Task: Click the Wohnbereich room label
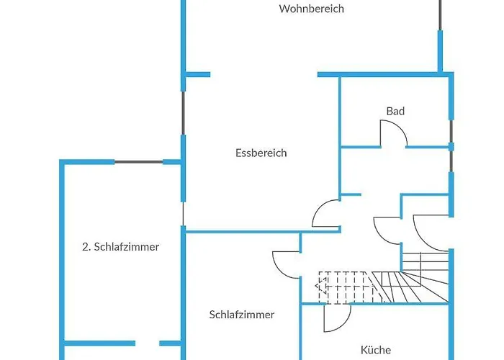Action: [x=312, y=9]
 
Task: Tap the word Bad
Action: [x=395, y=111]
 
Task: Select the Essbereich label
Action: [x=261, y=153]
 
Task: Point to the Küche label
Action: [x=376, y=351]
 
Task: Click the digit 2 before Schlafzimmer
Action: [x=85, y=246]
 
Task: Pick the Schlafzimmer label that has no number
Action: [x=242, y=315]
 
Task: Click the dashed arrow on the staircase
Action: [x=323, y=288]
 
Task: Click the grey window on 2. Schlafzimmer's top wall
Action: [x=138, y=162]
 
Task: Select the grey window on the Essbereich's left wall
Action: [x=183, y=112]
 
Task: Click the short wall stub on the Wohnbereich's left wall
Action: [x=197, y=74]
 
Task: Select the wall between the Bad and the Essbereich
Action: [x=339, y=137]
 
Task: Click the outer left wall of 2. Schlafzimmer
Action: [x=63, y=252]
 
